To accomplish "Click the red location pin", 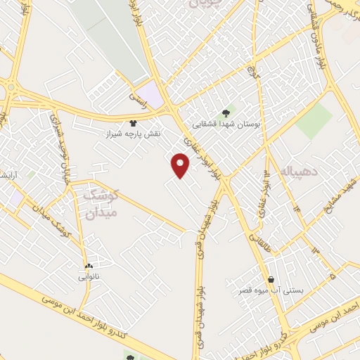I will [181, 165].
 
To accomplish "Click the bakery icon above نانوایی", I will [89, 266].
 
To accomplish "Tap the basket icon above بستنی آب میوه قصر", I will [271, 278].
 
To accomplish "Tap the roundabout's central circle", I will [11, 87].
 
